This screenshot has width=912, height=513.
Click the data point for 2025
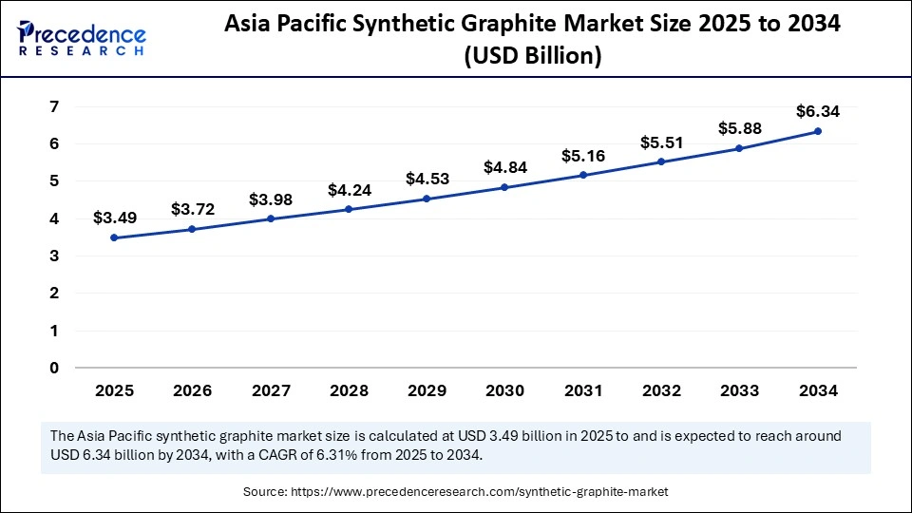(114, 237)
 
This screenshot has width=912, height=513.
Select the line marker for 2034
(818, 131)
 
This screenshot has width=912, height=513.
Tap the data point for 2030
(504, 187)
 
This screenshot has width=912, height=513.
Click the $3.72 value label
(192, 208)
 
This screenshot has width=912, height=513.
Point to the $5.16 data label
(583, 155)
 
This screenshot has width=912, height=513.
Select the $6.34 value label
(818, 111)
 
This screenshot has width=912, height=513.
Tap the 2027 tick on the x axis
(270, 390)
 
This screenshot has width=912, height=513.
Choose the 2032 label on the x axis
(661, 390)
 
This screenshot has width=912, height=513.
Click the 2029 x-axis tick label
(427, 390)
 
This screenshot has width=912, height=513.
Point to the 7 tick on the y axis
(55, 106)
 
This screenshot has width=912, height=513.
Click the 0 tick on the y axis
(55, 368)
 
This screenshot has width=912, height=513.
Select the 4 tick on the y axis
(55, 218)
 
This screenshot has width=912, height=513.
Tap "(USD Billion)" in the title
(532, 57)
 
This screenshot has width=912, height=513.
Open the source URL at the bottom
(456, 491)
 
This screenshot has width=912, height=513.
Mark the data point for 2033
(739, 148)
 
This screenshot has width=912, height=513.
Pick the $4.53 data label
(427, 178)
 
